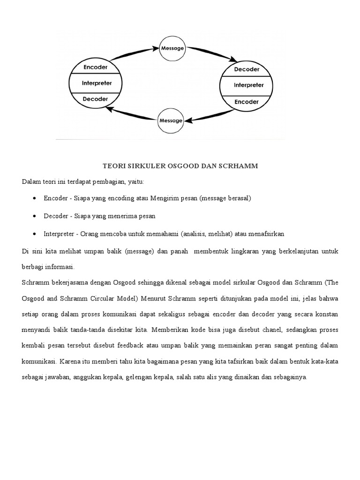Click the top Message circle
click(172, 48)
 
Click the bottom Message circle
click(171, 120)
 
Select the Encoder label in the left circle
click(95, 67)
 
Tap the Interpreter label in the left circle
click(97, 83)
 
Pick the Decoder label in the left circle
click(95, 99)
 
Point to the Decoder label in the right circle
click(247, 69)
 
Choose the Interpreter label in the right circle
click(248, 85)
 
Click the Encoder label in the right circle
click(247, 101)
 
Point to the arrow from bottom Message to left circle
click(131, 115)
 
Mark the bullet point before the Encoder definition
click(36, 198)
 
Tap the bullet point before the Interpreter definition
click(36, 233)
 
